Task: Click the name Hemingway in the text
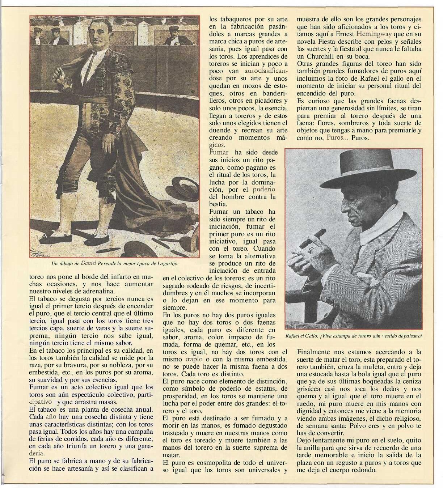(x=374, y=34)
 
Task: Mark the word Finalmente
(x=314, y=352)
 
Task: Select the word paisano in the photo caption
(x=412, y=335)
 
